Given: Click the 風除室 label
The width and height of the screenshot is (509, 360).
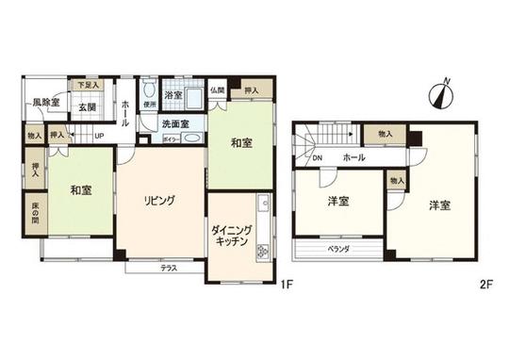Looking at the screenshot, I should tap(43, 103).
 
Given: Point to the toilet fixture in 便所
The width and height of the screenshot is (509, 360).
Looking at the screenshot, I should tap(148, 91).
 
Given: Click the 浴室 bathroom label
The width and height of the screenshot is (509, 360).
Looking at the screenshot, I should tap(174, 96).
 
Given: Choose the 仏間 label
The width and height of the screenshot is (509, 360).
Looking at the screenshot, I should tap(217, 89).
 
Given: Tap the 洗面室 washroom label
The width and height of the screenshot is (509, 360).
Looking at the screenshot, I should tap(174, 123).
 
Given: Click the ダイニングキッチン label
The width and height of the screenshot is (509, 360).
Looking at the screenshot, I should tap(231, 235).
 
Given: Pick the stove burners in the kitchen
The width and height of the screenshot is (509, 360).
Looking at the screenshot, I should tap(263, 250).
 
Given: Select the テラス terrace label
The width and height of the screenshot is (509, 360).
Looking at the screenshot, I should tap(168, 269).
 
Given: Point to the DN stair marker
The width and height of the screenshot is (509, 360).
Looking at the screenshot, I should tap(318, 157).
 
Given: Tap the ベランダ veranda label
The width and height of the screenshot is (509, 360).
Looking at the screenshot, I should tap(338, 250).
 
